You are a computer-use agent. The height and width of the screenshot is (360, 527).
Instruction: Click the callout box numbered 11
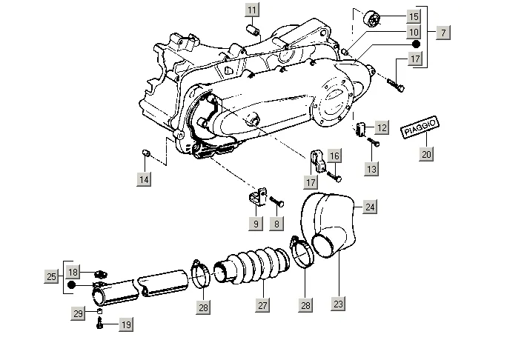(x=252, y=10)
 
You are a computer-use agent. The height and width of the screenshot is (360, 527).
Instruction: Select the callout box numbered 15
(x=414, y=16)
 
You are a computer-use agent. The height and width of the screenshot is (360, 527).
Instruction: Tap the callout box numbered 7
(x=443, y=33)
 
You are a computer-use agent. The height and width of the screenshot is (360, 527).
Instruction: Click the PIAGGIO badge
(x=420, y=127)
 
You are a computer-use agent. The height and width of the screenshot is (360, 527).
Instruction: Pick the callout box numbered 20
(x=426, y=154)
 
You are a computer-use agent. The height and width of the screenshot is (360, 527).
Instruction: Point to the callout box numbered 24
(x=370, y=207)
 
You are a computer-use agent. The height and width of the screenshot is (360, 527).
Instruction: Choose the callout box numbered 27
(x=262, y=305)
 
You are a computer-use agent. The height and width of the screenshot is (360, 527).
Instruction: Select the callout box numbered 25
(x=51, y=277)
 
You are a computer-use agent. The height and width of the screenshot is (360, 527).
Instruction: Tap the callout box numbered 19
(x=126, y=324)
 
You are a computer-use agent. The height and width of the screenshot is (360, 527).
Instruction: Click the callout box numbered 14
(x=144, y=179)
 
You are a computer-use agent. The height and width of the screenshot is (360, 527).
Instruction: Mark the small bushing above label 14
(x=145, y=153)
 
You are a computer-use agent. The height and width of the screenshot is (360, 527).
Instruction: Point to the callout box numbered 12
(x=382, y=127)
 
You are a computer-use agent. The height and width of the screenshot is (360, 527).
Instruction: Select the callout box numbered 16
(x=334, y=156)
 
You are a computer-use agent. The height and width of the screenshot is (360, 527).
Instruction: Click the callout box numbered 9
(x=256, y=224)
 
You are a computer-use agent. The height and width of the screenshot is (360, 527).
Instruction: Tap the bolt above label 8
(x=276, y=201)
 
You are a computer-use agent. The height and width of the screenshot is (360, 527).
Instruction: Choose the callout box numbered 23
(x=338, y=304)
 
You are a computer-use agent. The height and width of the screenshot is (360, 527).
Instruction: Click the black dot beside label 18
(x=72, y=285)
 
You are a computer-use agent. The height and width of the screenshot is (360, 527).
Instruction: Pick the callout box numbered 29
(x=78, y=313)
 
